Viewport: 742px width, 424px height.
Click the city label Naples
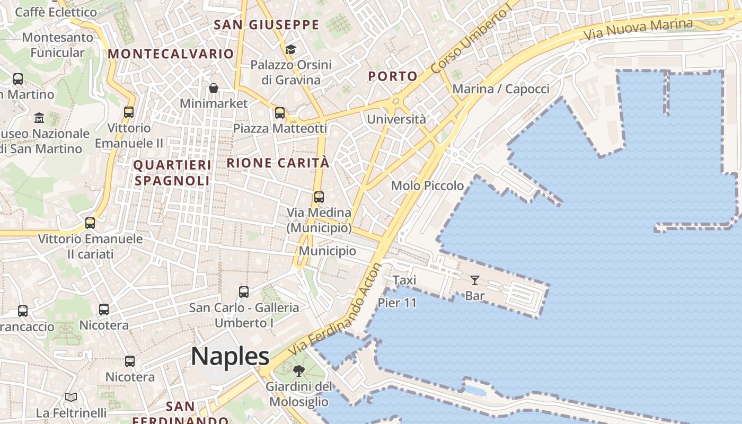click(x=230, y=356)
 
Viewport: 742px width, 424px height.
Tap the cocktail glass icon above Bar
click(x=474, y=280)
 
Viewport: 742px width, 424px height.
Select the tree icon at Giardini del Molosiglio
click(x=299, y=370)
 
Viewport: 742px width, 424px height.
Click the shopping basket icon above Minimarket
click(x=213, y=88)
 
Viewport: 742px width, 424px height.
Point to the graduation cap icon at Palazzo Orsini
click(x=290, y=49)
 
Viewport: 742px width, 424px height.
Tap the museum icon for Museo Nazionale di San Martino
click(x=39, y=118)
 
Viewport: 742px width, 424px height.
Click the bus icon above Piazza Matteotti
click(x=279, y=112)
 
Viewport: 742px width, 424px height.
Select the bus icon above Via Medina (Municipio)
click(x=319, y=197)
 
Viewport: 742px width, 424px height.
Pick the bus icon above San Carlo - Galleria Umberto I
click(x=243, y=291)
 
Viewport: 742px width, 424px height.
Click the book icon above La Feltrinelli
click(x=71, y=397)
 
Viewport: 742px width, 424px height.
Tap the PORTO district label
click(x=393, y=76)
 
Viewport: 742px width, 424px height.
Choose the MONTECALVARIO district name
click(x=171, y=54)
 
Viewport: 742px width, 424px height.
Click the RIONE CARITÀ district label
click(x=278, y=163)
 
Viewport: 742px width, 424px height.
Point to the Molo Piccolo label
click(x=427, y=185)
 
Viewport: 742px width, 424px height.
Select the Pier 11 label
click(x=397, y=303)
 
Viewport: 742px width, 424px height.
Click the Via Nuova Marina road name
click(x=638, y=29)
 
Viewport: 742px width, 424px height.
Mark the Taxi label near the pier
click(x=404, y=280)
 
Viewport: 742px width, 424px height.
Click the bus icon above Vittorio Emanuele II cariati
click(x=90, y=223)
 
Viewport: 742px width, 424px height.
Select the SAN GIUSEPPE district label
click(x=266, y=25)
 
